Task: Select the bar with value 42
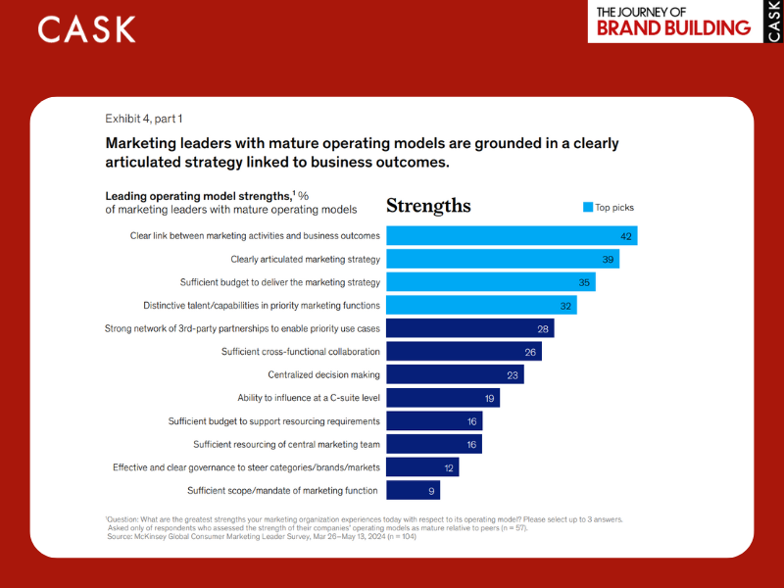511,235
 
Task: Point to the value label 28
543,328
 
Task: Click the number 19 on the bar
489,398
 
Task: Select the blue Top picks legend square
588,207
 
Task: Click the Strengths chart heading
428,206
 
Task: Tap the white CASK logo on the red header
87,29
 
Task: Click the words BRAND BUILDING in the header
673,27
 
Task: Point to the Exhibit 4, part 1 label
143,119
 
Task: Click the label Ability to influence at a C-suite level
309,398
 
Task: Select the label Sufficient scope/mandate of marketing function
283,490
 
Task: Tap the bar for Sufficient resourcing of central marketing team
431,444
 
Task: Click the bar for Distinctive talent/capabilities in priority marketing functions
481,305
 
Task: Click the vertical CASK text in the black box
774,22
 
